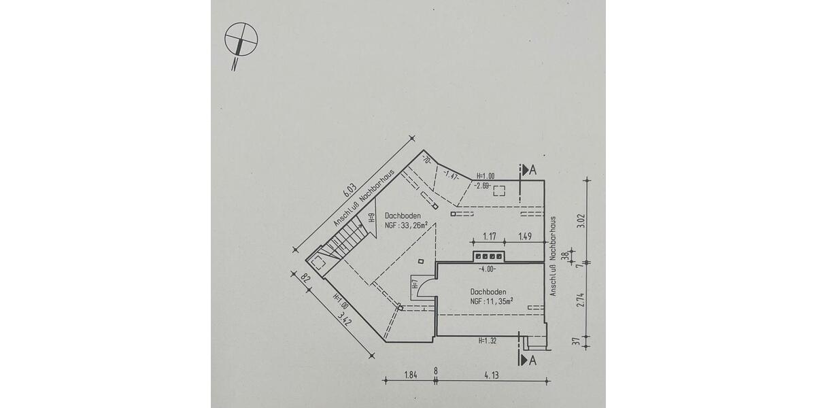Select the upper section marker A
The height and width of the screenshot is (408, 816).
tap(527, 170)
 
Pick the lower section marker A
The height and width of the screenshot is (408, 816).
tap(528, 360)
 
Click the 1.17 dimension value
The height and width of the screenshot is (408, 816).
tap(490, 236)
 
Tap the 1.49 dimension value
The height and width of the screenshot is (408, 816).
tap(524, 236)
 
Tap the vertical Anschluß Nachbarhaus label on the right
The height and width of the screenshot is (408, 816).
tap(554, 256)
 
